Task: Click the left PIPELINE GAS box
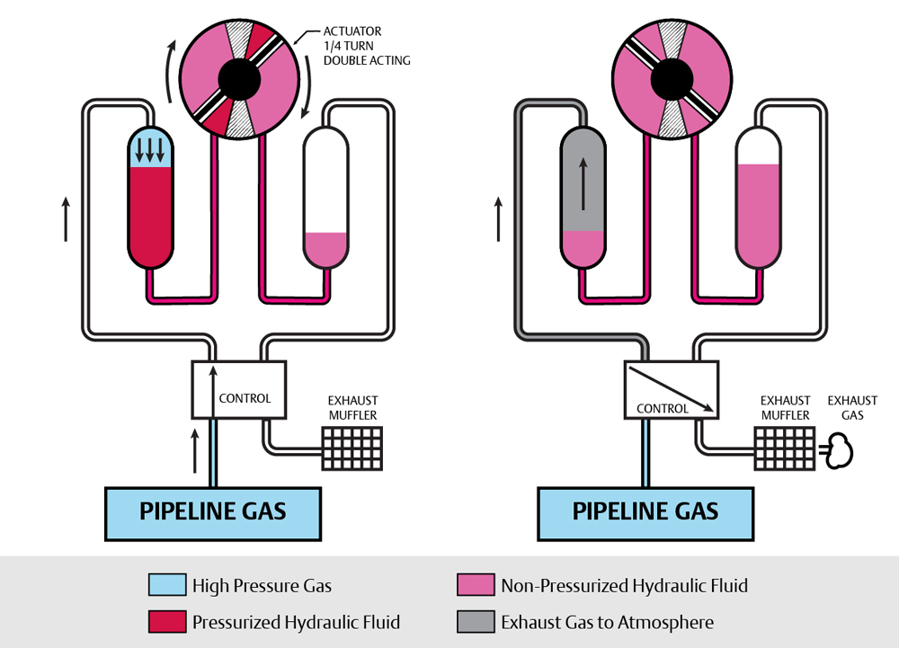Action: click(x=213, y=511)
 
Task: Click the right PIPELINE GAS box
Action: click(x=645, y=511)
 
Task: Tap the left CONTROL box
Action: click(x=239, y=389)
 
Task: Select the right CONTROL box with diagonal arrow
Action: click(x=671, y=389)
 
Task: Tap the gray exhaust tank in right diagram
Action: click(x=583, y=180)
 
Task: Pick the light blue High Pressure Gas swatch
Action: click(x=166, y=586)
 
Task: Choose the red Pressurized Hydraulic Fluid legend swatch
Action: click(x=166, y=622)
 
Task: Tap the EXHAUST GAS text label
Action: click(x=851, y=408)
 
